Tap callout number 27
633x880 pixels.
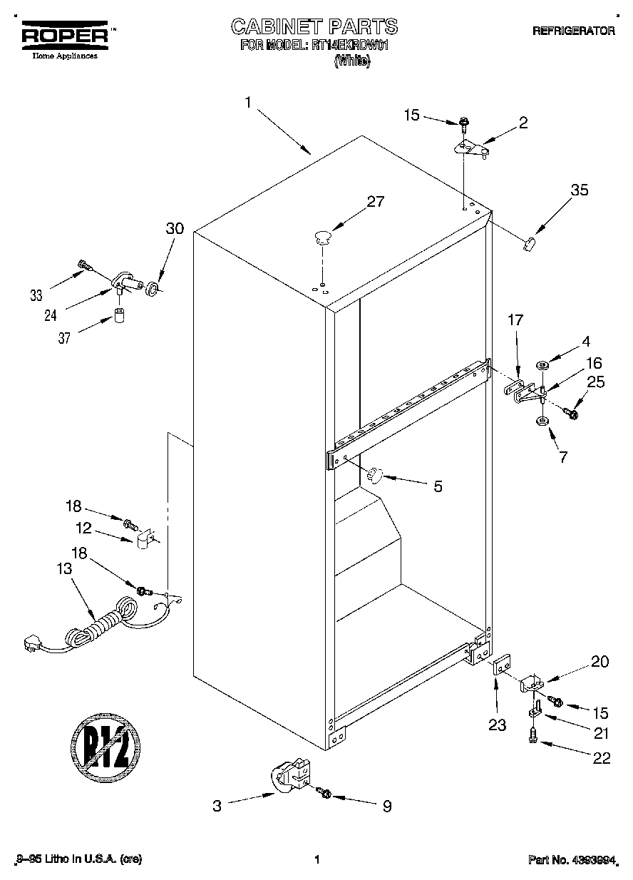click(375, 202)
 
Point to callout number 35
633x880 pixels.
click(580, 190)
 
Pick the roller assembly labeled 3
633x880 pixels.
click(289, 777)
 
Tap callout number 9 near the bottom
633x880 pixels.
click(387, 807)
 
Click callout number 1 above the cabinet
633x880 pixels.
click(248, 103)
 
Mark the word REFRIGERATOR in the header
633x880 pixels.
click(573, 31)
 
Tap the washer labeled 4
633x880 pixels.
click(542, 366)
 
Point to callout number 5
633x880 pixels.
click(438, 486)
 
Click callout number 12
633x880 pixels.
click(84, 528)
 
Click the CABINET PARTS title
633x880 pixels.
click(314, 27)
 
